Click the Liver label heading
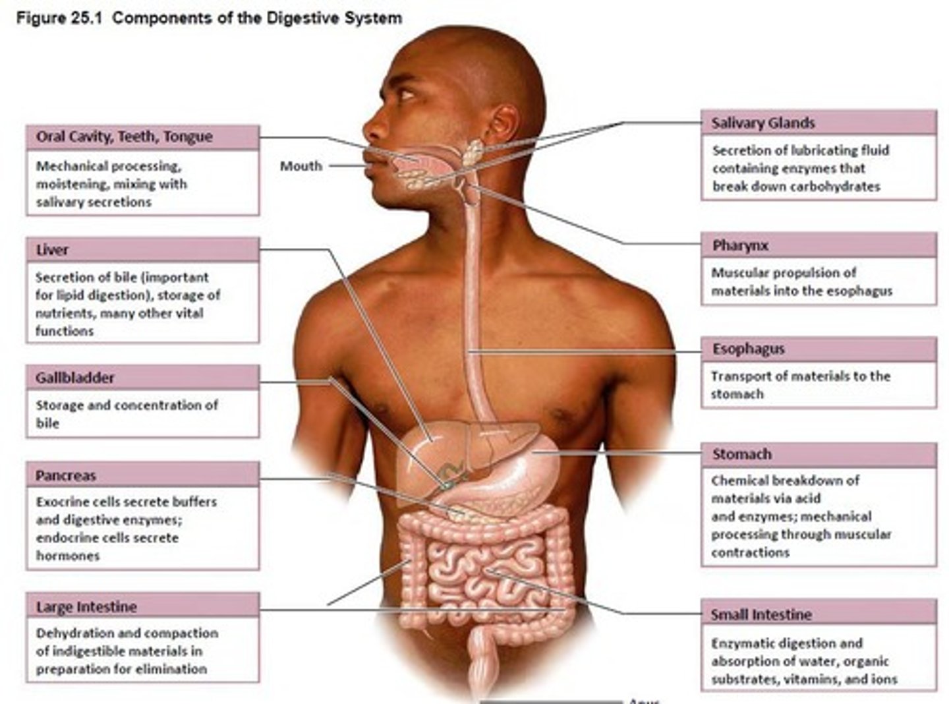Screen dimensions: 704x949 pyautogui.click(x=52, y=250)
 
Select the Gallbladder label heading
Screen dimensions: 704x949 pyautogui.click(x=74, y=378)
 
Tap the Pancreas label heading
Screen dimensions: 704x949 pyautogui.click(x=65, y=475)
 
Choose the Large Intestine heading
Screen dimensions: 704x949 pyautogui.click(x=86, y=606)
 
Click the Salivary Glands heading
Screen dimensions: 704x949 pyautogui.click(x=763, y=123)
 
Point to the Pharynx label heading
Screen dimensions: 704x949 pyautogui.click(x=740, y=246)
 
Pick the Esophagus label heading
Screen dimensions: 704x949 pyautogui.click(x=748, y=349)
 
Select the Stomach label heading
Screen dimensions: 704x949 pyautogui.click(x=741, y=454)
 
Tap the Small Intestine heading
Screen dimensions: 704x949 pyautogui.click(x=761, y=614)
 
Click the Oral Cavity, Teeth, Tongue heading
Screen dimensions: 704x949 pyautogui.click(x=124, y=136)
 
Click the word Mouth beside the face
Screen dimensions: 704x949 pyautogui.click(x=301, y=166)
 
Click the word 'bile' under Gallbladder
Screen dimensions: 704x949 pyautogui.click(x=47, y=423)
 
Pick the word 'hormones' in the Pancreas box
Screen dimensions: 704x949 pyautogui.click(x=68, y=556)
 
